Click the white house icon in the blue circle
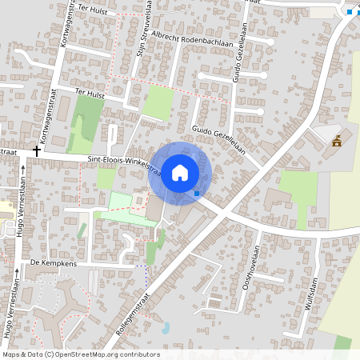pyautogui.click(x=180, y=172)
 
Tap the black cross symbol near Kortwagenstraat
pyautogui.click(x=37, y=150)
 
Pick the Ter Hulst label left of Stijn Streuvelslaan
pyautogui.click(x=90, y=93)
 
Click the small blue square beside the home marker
pyautogui.click(x=197, y=193)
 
